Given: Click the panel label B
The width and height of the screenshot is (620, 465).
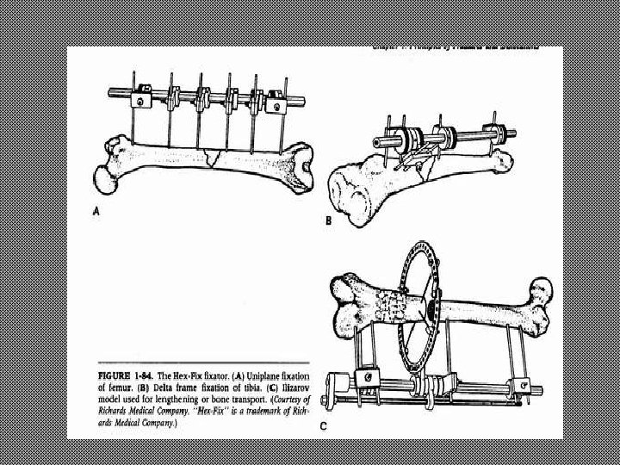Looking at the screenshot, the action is [x=328, y=221].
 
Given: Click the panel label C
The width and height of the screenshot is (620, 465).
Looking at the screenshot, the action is [x=324, y=425].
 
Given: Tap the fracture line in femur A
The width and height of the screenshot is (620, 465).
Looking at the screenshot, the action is [x=210, y=157].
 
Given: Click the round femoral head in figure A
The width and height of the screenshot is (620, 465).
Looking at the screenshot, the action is [x=104, y=178].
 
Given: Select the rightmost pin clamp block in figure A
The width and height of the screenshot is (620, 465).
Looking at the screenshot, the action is [x=276, y=105].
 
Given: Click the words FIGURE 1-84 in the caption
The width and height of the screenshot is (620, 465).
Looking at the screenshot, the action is [x=128, y=376].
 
